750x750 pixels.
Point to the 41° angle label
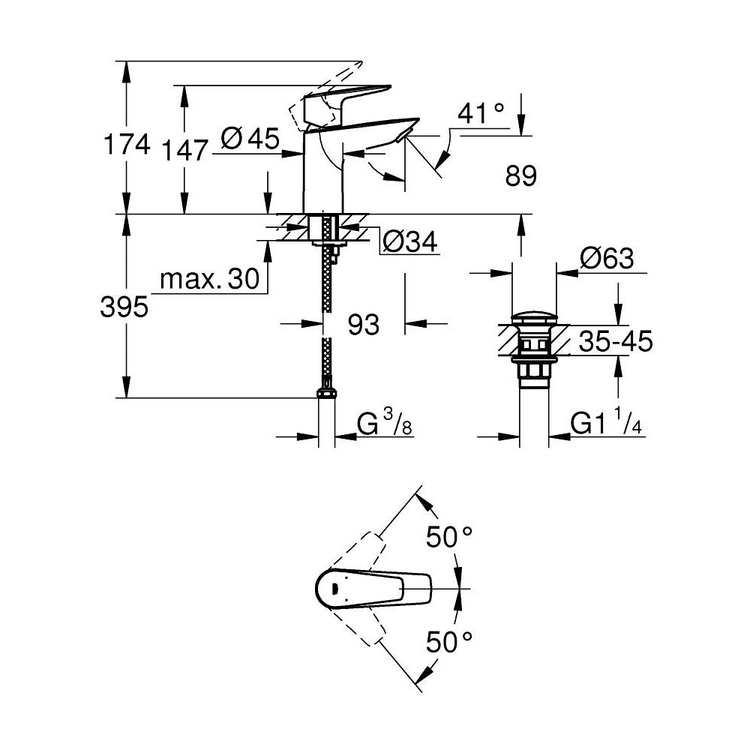[481, 113]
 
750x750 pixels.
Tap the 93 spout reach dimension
[363, 325]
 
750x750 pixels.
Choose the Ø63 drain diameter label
[607, 259]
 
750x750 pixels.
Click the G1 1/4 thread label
[607, 424]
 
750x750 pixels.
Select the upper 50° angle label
[449, 538]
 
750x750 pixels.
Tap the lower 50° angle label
[449, 641]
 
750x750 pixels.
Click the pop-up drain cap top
[534, 315]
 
